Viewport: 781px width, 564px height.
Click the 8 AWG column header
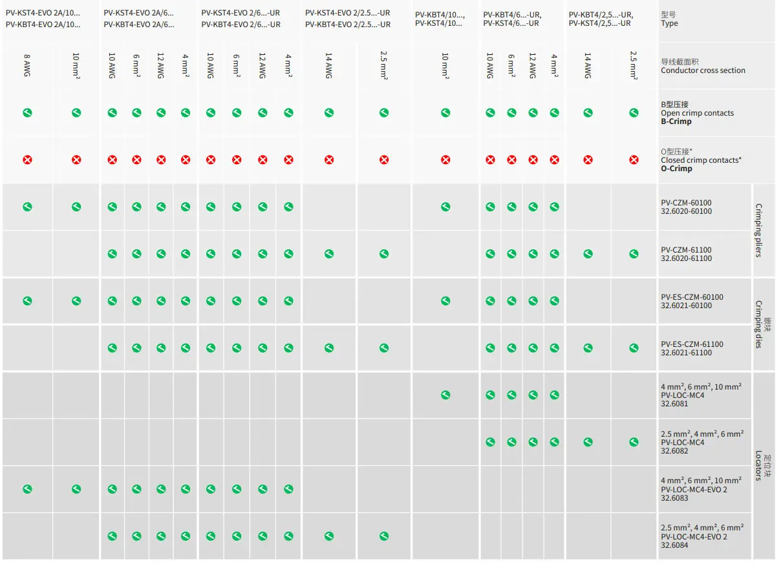(27, 66)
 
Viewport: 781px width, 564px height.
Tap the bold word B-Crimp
(676, 121)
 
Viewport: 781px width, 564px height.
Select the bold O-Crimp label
(676, 169)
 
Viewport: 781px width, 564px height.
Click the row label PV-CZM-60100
(686, 203)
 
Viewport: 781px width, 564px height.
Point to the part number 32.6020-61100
(686, 258)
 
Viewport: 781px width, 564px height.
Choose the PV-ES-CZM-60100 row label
(692, 297)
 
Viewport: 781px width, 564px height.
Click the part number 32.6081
(674, 404)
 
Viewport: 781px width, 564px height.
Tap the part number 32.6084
(674, 545)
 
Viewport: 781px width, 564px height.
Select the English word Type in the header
(669, 23)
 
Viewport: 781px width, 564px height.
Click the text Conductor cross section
(703, 70)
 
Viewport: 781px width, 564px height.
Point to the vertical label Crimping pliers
(759, 231)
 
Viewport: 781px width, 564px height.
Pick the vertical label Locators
(759, 466)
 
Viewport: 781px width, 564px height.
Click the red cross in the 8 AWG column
(27, 160)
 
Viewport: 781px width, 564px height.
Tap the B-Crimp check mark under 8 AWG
(27, 113)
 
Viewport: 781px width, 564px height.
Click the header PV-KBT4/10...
(440, 15)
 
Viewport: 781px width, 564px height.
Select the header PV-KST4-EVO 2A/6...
(138, 13)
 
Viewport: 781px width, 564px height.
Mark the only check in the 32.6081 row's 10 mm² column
(445, 395)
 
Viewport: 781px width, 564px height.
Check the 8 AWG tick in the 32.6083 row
(27, 489)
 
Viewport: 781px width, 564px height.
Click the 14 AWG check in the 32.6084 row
(329, 536)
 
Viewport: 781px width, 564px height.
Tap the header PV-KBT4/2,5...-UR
(601, 15)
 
